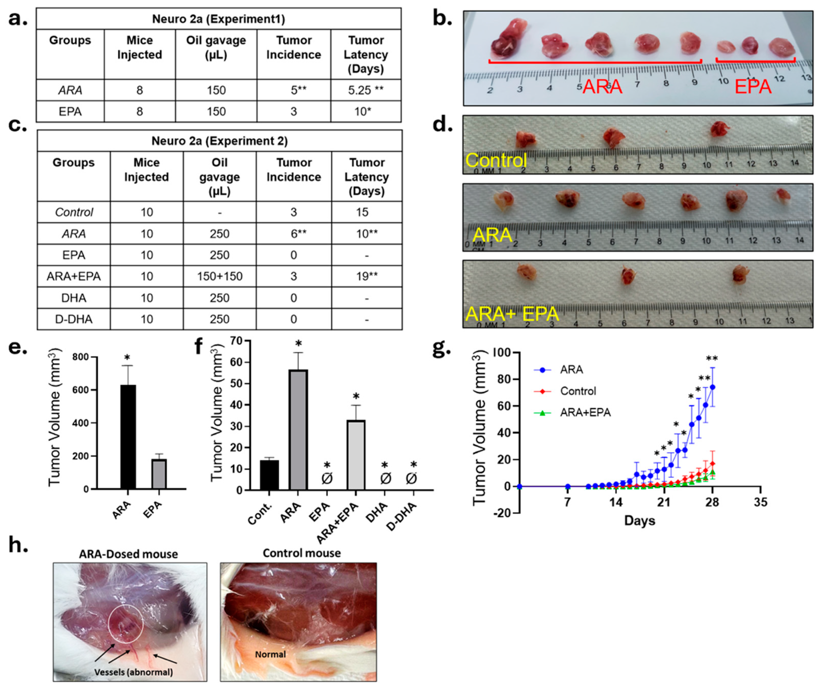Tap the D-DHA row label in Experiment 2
click(x=74, y=319)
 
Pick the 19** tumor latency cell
click(x=367, y=276)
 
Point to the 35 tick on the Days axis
click(x=760, y=502)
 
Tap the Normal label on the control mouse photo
click(x=270, y=654)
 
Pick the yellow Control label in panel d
click(x=496, y=160)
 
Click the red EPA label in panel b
click(x=753, y=87)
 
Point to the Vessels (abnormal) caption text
click(x=133, y=672)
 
